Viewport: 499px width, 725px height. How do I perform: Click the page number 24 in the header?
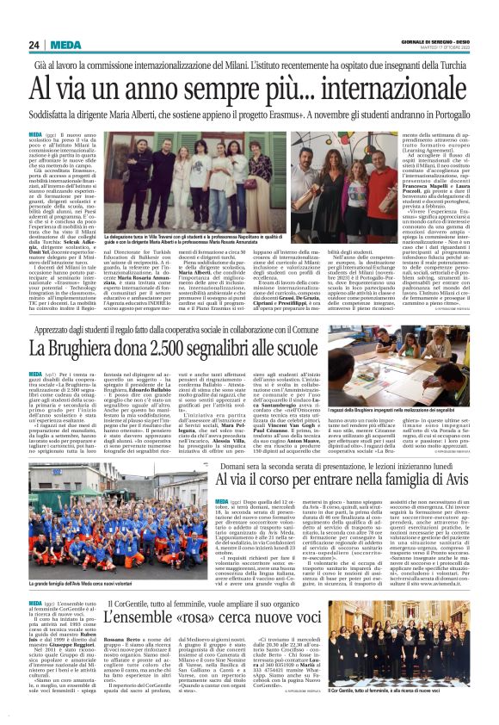34,45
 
